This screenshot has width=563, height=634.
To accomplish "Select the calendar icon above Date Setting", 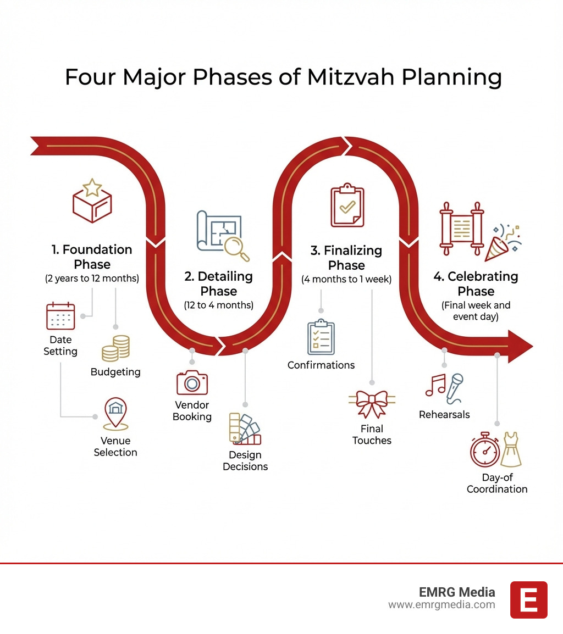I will tap(60, 316).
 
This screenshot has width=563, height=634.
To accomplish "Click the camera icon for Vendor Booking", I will tap(192, 382).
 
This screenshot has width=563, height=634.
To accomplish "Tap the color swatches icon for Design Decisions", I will tap(245, 429).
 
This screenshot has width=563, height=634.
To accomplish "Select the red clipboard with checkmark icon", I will tap(347, 206).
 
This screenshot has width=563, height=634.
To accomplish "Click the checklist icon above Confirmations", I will tap(321, 338).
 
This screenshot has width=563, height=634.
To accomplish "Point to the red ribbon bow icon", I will tap(372, 403).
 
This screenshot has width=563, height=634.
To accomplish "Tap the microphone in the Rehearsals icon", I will tap(455, 387).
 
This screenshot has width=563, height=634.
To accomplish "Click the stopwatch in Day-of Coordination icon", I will tap(484, 451).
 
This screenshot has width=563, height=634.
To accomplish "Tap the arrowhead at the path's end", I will tap(519, 346).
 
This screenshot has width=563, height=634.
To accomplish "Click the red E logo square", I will tap(528, 599).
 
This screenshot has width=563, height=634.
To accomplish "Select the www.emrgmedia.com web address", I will tap(441, 605).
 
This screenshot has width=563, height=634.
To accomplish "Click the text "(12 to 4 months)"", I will tap(219, 305).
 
